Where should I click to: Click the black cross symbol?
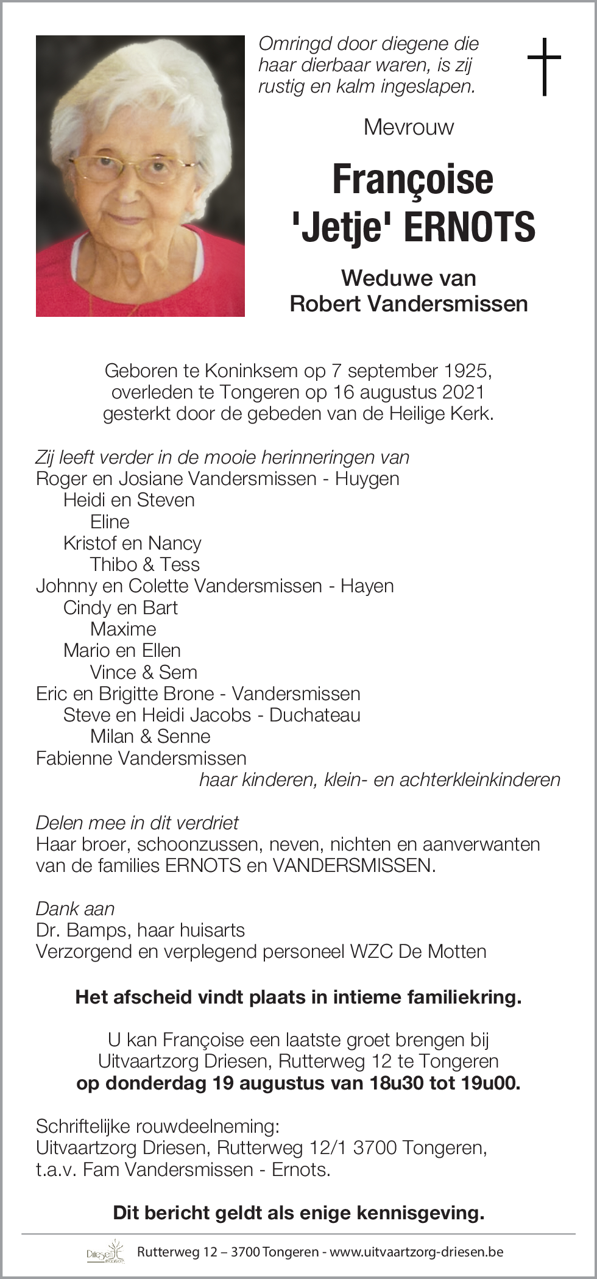(543, 66)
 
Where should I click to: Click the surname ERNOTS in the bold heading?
(469, 227)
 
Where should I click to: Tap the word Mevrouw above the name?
(409, 127)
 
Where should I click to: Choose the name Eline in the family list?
(110, 522)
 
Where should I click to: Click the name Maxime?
(123, 629)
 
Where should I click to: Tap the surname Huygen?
(367, 478)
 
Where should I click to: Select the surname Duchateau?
(315, 715)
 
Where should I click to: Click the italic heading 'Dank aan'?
(75, 909)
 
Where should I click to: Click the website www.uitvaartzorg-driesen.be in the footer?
(417, 1252)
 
